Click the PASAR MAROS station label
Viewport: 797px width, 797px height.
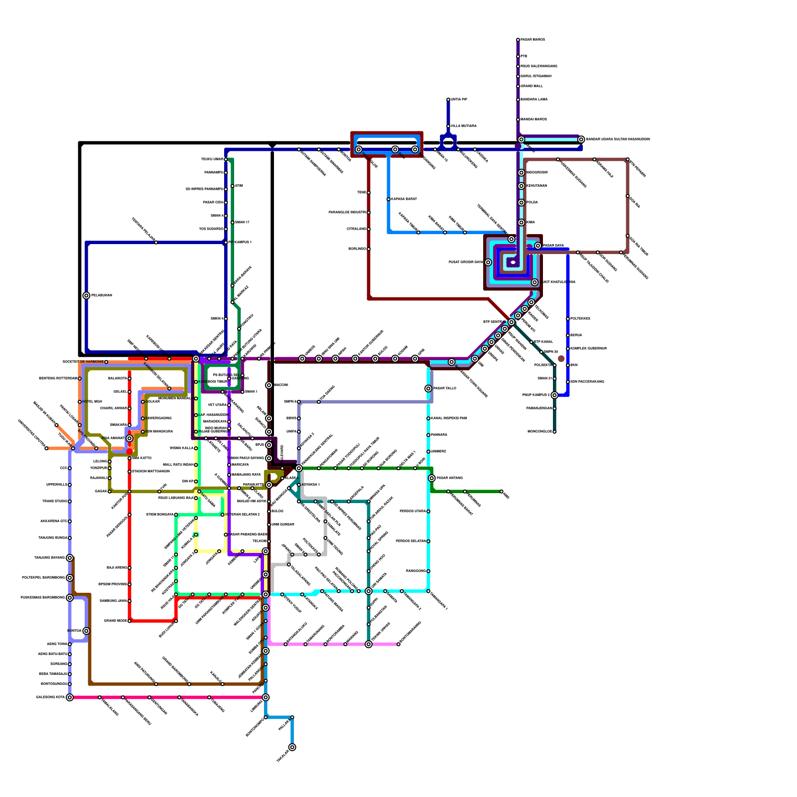point(532,40)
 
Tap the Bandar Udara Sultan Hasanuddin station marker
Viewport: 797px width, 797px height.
point(581,139)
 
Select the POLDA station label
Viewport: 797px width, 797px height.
point(532,203)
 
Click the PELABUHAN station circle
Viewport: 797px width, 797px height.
point(86,295)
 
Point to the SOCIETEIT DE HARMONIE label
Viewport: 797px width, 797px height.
point(83,362)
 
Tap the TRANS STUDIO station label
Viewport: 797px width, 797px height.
point(55,501)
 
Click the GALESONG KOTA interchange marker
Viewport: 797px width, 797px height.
point(70,697)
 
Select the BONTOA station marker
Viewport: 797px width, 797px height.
point(86,631)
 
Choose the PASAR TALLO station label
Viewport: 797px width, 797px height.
point(444,388)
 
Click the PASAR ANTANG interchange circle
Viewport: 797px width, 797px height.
point(432,478)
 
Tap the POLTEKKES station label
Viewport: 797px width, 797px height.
point(580,319)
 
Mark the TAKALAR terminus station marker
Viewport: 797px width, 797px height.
point(292,747)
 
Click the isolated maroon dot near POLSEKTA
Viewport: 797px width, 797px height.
point(561,359)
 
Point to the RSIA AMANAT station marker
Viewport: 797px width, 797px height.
point(130,438)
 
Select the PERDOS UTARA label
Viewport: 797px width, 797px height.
point(413,512)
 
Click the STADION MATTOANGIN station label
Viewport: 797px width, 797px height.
point(151,471)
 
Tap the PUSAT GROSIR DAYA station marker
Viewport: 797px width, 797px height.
point(488,263)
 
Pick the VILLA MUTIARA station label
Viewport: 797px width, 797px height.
point(464,126)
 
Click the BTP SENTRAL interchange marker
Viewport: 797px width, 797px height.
point(511,322)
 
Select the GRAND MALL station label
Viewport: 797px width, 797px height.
point(531,86)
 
